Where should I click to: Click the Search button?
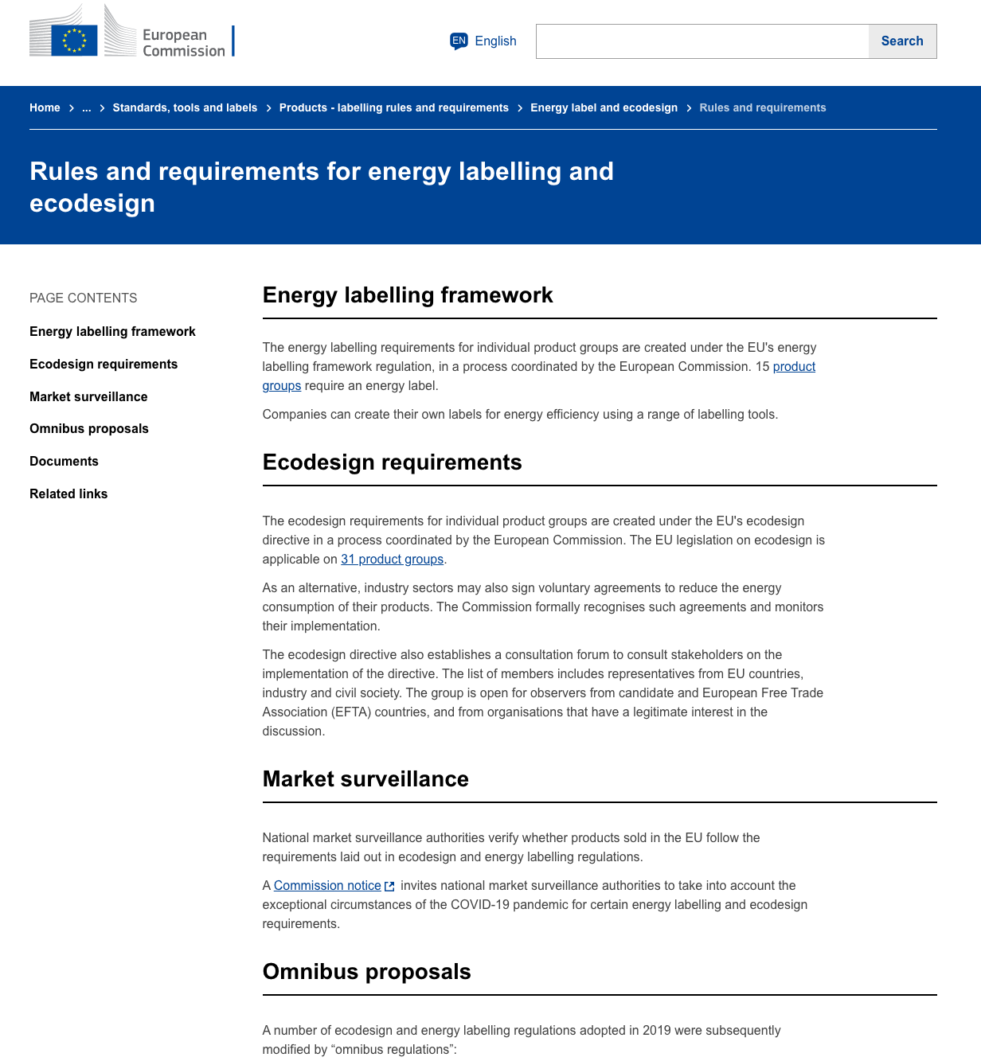(901, 41)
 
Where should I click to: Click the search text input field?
(702, 41)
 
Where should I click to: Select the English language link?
(495, 41)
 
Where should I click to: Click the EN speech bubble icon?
(459, 41)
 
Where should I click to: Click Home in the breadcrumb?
(45, 107)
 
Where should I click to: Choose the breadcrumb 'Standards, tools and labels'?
(185, 107)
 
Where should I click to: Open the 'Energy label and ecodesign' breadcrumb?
(604, 107)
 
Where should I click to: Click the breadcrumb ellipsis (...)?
(87, 107)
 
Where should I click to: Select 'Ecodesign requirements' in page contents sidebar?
(104, 364)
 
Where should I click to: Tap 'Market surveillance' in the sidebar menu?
(88, 396)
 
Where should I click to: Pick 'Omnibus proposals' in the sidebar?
(89, 428)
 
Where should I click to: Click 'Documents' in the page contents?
(64, 461)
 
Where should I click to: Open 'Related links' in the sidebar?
(68, 493)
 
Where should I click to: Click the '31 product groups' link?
(392, 559)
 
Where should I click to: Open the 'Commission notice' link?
(327, 885)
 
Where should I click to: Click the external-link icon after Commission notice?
(389, 886)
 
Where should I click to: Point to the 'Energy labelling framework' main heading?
(408, 295)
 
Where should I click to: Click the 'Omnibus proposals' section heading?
(366, 972)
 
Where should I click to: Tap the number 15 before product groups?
(762, 366)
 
